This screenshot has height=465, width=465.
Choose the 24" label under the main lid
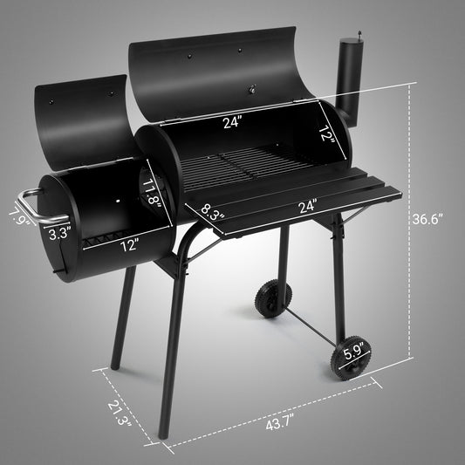(231, 123)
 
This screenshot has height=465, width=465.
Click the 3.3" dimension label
(58, 233)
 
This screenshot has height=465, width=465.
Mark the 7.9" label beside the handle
(15, 215)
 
